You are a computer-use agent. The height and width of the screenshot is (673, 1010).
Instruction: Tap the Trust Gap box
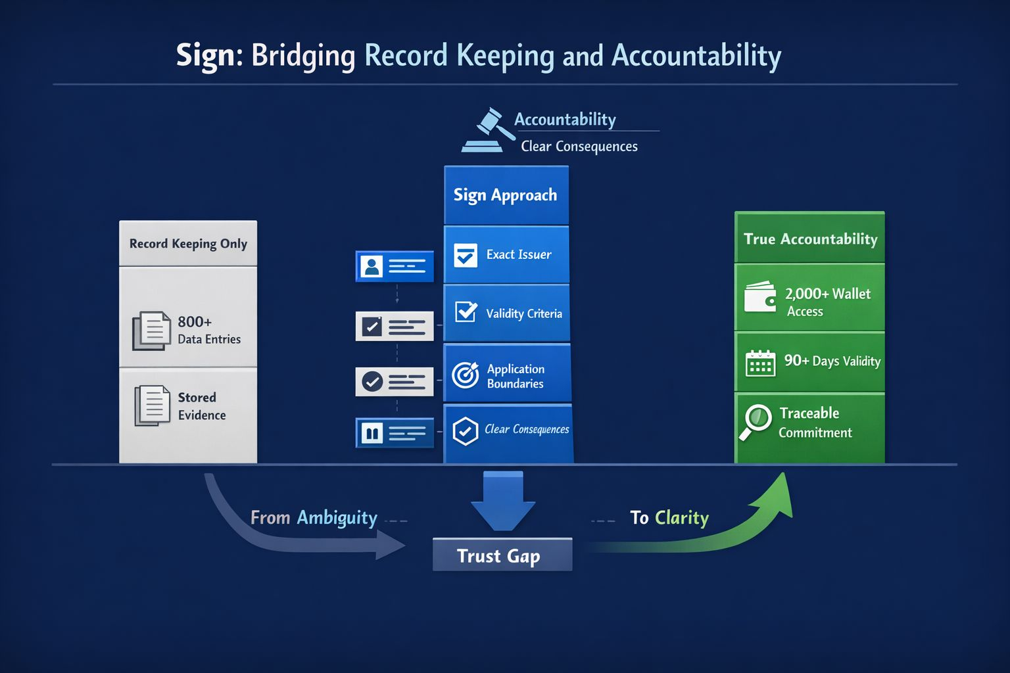point(502,555)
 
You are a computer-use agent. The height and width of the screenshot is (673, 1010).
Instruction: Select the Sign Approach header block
point(506,195)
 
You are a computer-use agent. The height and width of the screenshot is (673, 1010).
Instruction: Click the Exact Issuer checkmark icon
point(466,255)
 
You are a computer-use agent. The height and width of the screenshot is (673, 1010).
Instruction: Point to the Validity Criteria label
point(523,313)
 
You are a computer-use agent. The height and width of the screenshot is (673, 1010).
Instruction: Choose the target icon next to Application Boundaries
point(466,375)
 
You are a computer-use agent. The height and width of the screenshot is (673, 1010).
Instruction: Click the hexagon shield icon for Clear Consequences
point(466,431)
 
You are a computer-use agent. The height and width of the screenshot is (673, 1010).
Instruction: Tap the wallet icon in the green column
point(760,297)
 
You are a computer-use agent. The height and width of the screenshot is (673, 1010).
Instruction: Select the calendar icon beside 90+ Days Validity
point(760,363)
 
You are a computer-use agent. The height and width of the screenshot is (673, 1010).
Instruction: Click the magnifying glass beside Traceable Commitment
point(756,421)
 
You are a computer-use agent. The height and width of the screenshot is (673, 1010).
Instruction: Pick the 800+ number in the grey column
point(195,321)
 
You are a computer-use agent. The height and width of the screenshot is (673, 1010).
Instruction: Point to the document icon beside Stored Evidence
point(151,406)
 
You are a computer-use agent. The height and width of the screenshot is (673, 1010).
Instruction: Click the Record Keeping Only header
point(188,244)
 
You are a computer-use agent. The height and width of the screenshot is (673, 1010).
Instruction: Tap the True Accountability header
point(809,239)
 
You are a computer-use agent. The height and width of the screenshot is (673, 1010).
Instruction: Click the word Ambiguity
point(337,518)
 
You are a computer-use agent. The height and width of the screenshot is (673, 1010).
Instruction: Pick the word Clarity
point(682,518)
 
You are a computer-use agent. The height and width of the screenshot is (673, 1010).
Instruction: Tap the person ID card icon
point(372,266)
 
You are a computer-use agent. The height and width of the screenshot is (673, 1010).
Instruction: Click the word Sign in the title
point(204,56)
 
